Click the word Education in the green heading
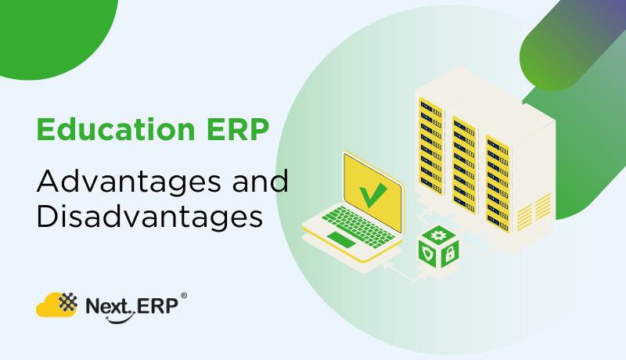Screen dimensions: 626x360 point(116,129)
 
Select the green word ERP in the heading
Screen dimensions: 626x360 point(238,129)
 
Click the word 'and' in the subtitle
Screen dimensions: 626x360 point(260,181)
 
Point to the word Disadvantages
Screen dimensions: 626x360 point(149,218)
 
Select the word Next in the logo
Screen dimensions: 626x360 point(108,307)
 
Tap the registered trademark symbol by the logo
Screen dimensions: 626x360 point(184,296)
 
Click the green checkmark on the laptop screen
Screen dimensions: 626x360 point(373,195)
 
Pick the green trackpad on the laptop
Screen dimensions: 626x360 point(341,239)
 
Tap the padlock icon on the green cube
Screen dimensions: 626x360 point(450,254)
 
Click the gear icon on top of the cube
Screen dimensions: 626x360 point(438,235)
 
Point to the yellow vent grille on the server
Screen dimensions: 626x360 point(534,213)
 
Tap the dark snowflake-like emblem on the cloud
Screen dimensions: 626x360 point(68,302)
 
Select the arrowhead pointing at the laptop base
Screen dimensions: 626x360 point(386,265)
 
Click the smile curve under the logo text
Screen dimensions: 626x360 point(118,319)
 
